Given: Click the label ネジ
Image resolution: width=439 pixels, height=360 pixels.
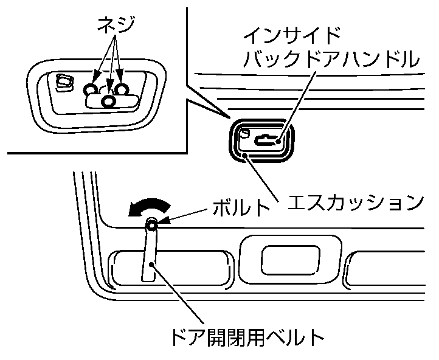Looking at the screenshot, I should coord(116,24).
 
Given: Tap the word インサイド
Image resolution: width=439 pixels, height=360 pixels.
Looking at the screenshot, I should coord(290,35).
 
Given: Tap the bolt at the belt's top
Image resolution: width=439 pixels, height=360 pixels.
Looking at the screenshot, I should coord(153,226).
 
